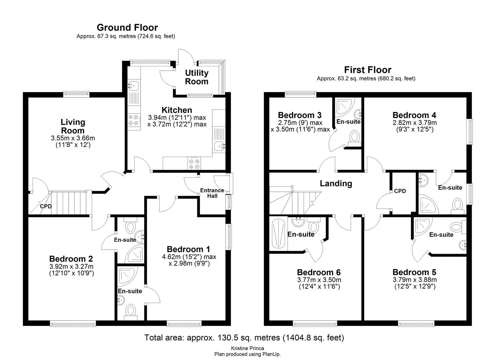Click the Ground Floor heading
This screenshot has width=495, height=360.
127,27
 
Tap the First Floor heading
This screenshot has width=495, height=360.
367,70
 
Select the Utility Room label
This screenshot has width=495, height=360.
197,77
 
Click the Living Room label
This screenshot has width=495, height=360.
73,126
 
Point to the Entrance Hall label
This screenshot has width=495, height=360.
212,193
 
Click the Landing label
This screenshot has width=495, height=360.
336,183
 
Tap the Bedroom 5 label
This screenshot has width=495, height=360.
414,272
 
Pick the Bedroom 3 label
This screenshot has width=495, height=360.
299,115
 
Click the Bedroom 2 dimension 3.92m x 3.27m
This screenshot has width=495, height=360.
71,266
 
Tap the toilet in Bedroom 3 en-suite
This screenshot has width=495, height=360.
354,137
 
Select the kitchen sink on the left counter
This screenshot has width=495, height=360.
134,86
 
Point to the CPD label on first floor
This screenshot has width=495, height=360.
400,191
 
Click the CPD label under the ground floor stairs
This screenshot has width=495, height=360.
46,206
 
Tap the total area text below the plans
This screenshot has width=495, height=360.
244,338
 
